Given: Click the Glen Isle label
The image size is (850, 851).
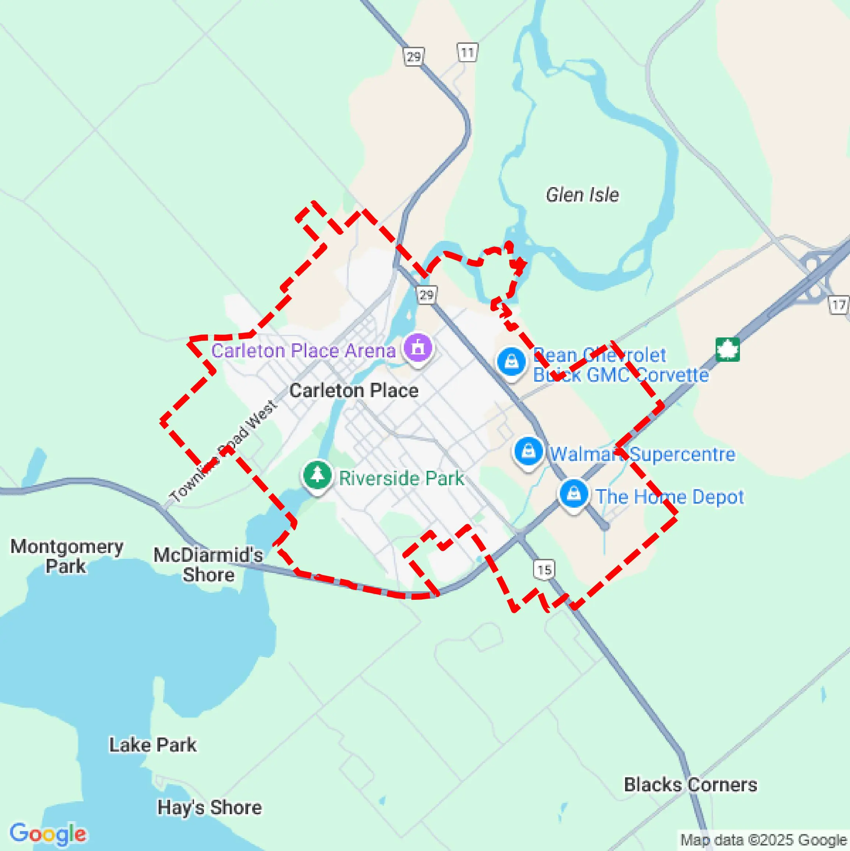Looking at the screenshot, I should click(582, 195).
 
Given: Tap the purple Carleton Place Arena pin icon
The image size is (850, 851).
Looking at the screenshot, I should click(417, 347).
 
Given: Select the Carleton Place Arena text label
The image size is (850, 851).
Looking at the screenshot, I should click(303, 351).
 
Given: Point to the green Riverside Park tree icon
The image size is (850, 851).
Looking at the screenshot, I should click(317, 475).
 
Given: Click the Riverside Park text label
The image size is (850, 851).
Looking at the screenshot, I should click(401, 478).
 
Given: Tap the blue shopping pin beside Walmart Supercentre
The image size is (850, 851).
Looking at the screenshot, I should click(528, 452).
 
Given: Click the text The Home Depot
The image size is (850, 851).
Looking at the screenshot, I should click(670, 497).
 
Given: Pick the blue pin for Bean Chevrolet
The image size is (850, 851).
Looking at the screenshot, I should click(511, 362).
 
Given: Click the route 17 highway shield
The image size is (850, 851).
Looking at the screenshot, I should click(839, 305).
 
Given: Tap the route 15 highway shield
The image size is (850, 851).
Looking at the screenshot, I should click(544, 570).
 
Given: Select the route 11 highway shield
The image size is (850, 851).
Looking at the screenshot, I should click(467, 53).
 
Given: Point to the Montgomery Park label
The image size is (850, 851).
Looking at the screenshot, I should click(67, 556).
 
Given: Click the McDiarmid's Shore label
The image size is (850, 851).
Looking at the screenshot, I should click(208, 565).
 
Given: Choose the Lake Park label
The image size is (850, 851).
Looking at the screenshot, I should click(153, 745).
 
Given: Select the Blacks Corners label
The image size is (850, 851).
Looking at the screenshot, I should click(690, 784).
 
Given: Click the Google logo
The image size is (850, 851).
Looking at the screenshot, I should click(47, 833).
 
